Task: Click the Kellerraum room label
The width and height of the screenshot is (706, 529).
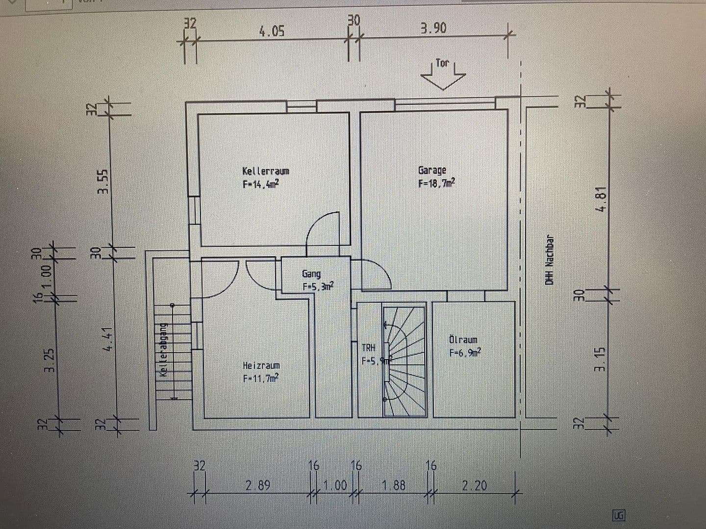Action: [x=265, y=171]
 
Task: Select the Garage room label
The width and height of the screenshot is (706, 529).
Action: [x=432, y=170]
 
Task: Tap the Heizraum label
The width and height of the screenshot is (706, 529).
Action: [x=261, y=366]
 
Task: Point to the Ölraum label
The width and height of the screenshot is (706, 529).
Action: [x=463, y=340]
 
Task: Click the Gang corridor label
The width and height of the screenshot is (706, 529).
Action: [x=311, y=274]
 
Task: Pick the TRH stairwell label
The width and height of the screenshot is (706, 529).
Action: [x=369, y=348]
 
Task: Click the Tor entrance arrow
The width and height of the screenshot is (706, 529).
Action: [x=443, y=73]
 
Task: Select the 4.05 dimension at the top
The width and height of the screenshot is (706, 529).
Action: [x=272, y=32]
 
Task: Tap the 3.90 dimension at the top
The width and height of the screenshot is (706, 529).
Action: [x=433, y=28]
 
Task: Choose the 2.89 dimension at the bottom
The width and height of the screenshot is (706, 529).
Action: [x=258, y=486]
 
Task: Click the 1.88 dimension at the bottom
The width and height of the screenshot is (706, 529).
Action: [x=394, y=485]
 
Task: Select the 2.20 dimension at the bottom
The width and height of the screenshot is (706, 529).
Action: [x=474, y=485]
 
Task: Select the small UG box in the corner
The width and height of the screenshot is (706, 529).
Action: [x=619, y=515]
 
